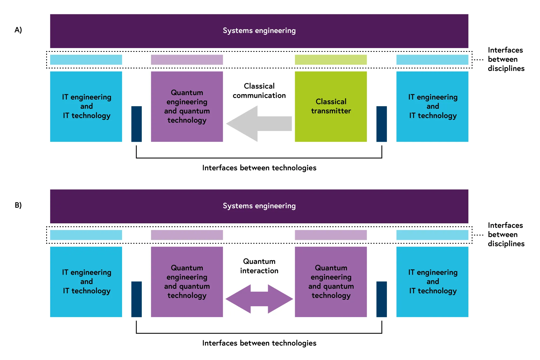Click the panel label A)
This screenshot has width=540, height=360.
pyautogui.click(x=18, y=30)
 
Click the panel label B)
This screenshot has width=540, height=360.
pyautogui.click(x=18, y=205)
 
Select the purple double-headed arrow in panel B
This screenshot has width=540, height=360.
pyautogui.click(x=259, y=299)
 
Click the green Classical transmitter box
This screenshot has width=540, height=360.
pyautogui.click(x=331, y=106)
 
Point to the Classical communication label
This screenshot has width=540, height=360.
pyautogui.click(x=259, y=91)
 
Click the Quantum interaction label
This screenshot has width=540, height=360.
pyautogui.click(x=259, y=266)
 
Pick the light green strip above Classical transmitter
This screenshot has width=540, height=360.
pyautogui.click(x=331, y=60)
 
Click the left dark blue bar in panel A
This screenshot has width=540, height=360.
pyautogui.click(x=137, y=124)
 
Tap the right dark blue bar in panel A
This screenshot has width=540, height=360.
pyautogui.click(x=382, y=124)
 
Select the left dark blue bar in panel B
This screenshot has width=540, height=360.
pyautogui.click(x=137, y=299)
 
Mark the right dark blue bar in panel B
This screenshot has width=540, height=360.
pyautogui.click(x=382, y=299)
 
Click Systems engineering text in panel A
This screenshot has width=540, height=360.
pyautogui.click(x=259, y=31)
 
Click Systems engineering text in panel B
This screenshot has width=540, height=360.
pyautogui.click(x=259, y=206)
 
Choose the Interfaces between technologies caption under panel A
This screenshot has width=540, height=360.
pyautogui.click(x=259, y=168)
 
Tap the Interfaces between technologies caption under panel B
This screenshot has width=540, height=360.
pyautogui.click(x=259, y=343)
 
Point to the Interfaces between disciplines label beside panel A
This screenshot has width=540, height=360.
pyautogui.click(x=506, y=59)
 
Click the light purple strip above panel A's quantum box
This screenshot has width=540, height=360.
pyautogui.click(x=187, y=60)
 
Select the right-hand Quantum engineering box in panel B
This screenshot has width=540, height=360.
pyautogui.click(x=331, y=282)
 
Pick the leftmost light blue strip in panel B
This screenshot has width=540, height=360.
pyautogui.click(x=86, y=235)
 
